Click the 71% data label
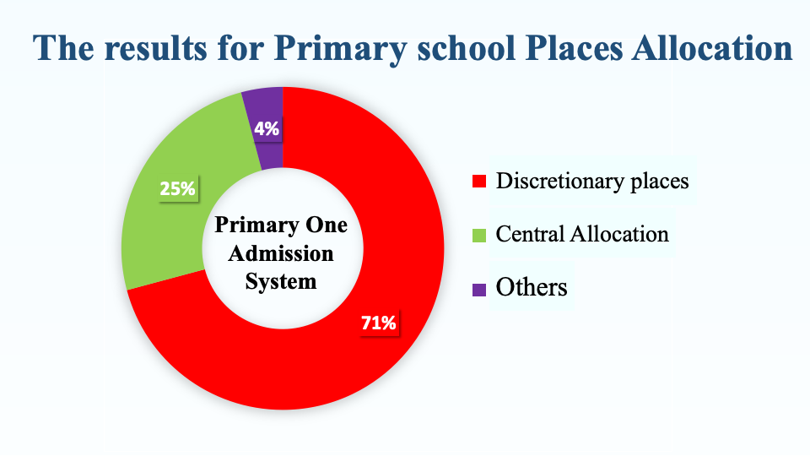click(x=379, y=323)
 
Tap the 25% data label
click(x=178, y=188)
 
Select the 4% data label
click(x=267, y=128)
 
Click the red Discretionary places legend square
click(x=479, y=181)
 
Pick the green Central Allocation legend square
click(x=479, y=236)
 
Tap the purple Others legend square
click(x=479, y=290)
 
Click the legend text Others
click(x=532, y=287)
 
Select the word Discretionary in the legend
click(x=560, y=182)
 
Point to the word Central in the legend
click(x=530, y=234)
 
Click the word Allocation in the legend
click(x=618, y=234)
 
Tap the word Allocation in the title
click(x=712, y=48)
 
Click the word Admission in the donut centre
click(x=281, y=254)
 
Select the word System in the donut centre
click(x=281, y=282)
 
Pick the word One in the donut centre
click(x=327, y=225)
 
